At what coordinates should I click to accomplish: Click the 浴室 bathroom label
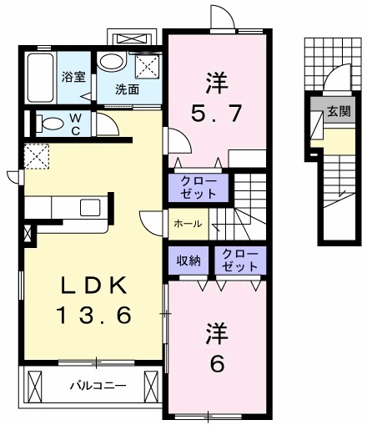point(73,77)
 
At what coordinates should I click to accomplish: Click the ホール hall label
point(185,224)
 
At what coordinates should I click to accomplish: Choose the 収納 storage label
point(189,261)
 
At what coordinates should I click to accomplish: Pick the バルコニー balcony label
point(97,386)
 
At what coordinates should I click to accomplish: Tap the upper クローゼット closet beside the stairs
point(199,187)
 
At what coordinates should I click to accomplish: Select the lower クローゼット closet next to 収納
point(240,261)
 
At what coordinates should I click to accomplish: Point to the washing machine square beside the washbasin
point(147,68)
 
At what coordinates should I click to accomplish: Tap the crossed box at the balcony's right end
point(151,386)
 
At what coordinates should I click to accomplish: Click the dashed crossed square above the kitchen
point(37,156)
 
